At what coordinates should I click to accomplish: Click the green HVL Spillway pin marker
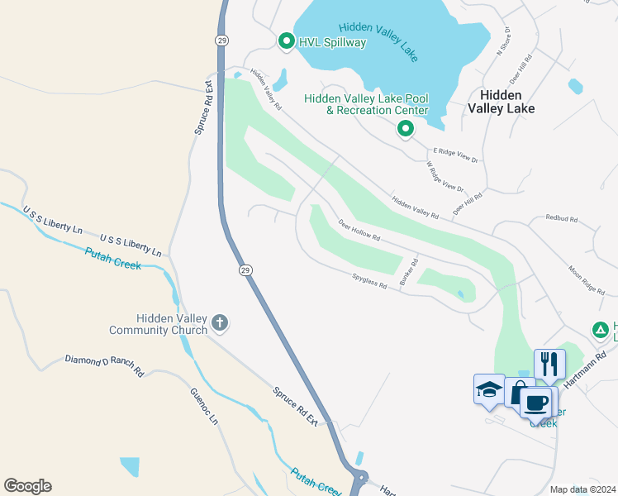pyautogui.click(x=287, y=41)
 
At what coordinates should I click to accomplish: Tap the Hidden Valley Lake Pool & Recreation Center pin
pyautogui.click(x=405, y=129)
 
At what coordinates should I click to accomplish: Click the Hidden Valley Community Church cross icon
pyautogui.click(x=219, y=322)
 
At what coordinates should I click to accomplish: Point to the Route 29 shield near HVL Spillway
pyautogui.click(x=221, y=40)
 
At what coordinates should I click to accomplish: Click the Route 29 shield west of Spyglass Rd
pyautogui.click(x=245, y=270)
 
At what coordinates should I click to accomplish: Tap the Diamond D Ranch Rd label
pyautogui.click(x=105, y=367)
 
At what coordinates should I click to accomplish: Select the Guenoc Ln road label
pyautogui.click(x=204, y=408)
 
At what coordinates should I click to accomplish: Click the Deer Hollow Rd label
pyautogui.click(x=359, y=231)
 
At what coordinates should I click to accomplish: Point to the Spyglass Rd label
pyautogui.click(x=369, y=284)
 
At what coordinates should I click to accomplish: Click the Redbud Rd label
pyautogui.click(x=561, y=219)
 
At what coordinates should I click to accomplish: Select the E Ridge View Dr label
pyautogui.click(x=456, y=155)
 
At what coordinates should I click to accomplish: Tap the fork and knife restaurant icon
pyautogui.click(x=549, y=363)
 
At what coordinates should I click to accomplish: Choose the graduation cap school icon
pyautogui.click(x=489, y=389)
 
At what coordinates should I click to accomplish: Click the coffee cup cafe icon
pyautogui.click(x=536, y=403)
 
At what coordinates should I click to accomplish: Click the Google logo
pyautogui.click(x=27, y=486)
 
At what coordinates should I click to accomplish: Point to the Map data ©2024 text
pyautogui.click(x=582, y=489)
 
